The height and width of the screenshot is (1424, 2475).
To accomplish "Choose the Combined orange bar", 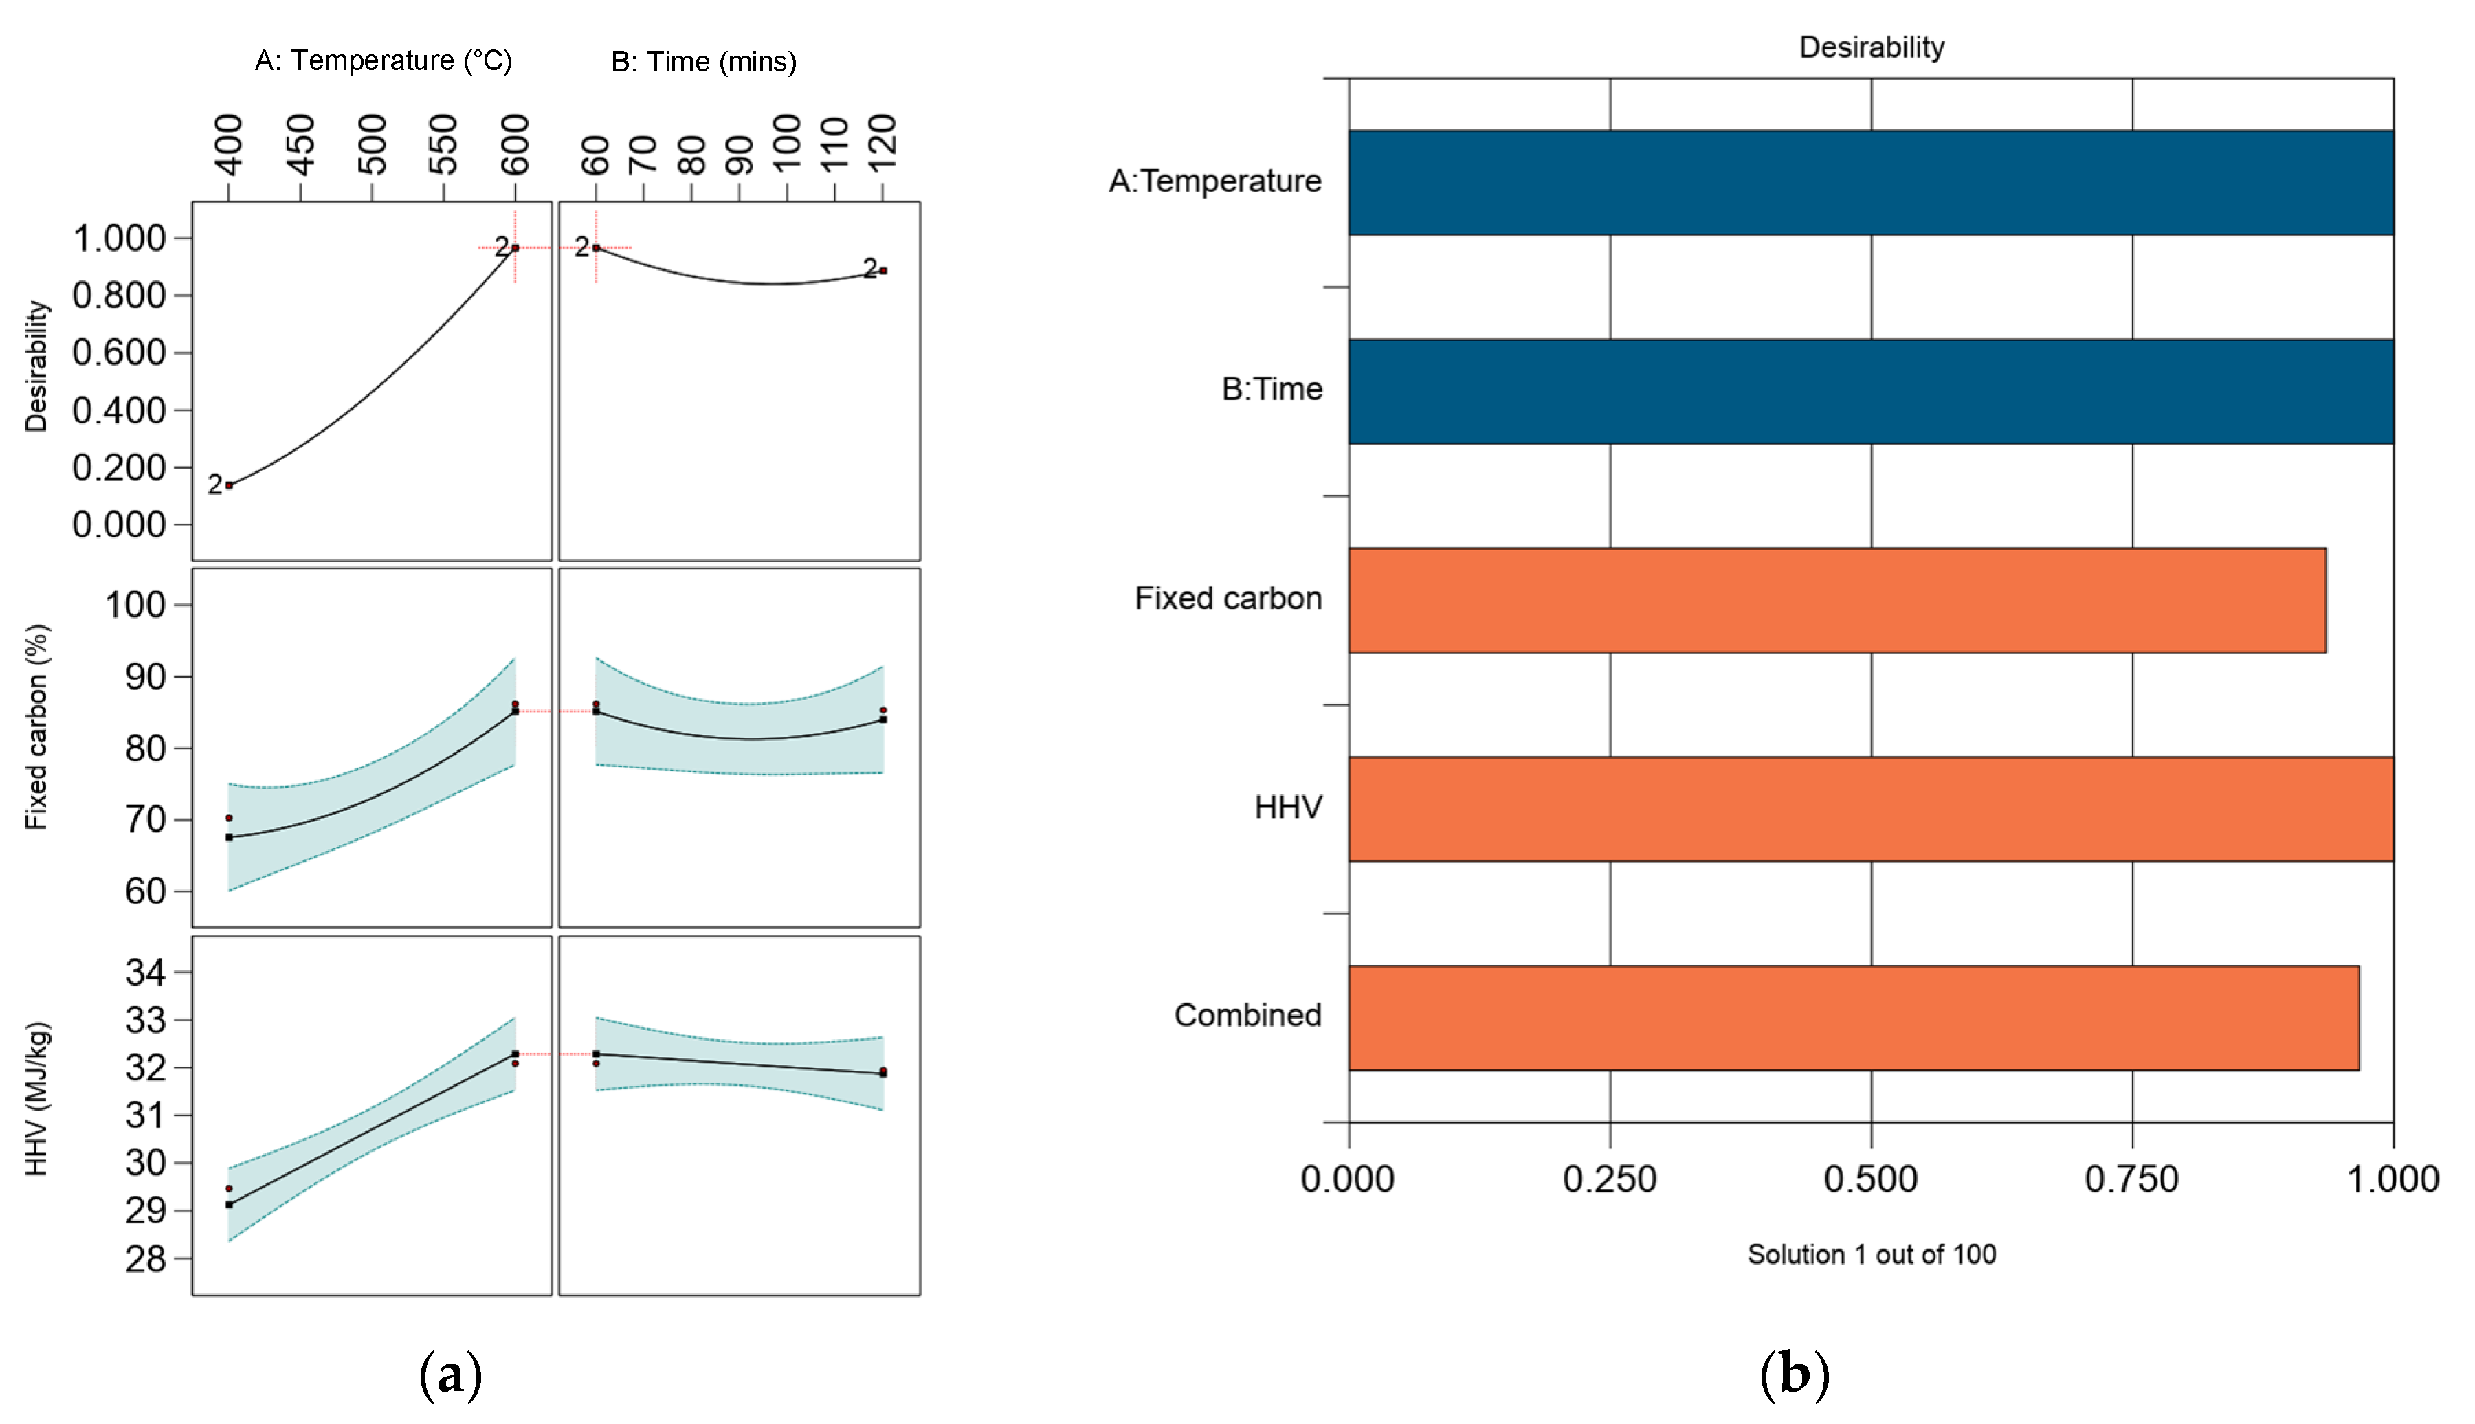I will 1853,1017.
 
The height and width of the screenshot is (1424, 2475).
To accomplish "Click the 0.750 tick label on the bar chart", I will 2132,1179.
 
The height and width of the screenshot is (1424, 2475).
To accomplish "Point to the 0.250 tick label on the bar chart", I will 1610,1179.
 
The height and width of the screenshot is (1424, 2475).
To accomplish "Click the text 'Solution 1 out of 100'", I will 1871,1254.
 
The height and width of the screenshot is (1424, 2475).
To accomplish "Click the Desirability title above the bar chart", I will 1871,47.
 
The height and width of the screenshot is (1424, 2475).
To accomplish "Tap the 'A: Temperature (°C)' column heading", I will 384,60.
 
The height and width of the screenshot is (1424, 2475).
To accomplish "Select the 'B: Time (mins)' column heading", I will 703,62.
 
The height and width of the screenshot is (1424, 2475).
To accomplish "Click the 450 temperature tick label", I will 301,145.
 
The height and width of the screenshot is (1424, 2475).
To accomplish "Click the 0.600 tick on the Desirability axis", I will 118,352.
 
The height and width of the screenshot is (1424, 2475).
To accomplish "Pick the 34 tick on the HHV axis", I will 145,972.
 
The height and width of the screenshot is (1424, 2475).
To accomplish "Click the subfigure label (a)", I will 450,1374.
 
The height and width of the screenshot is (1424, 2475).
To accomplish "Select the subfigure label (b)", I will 1793,1374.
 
